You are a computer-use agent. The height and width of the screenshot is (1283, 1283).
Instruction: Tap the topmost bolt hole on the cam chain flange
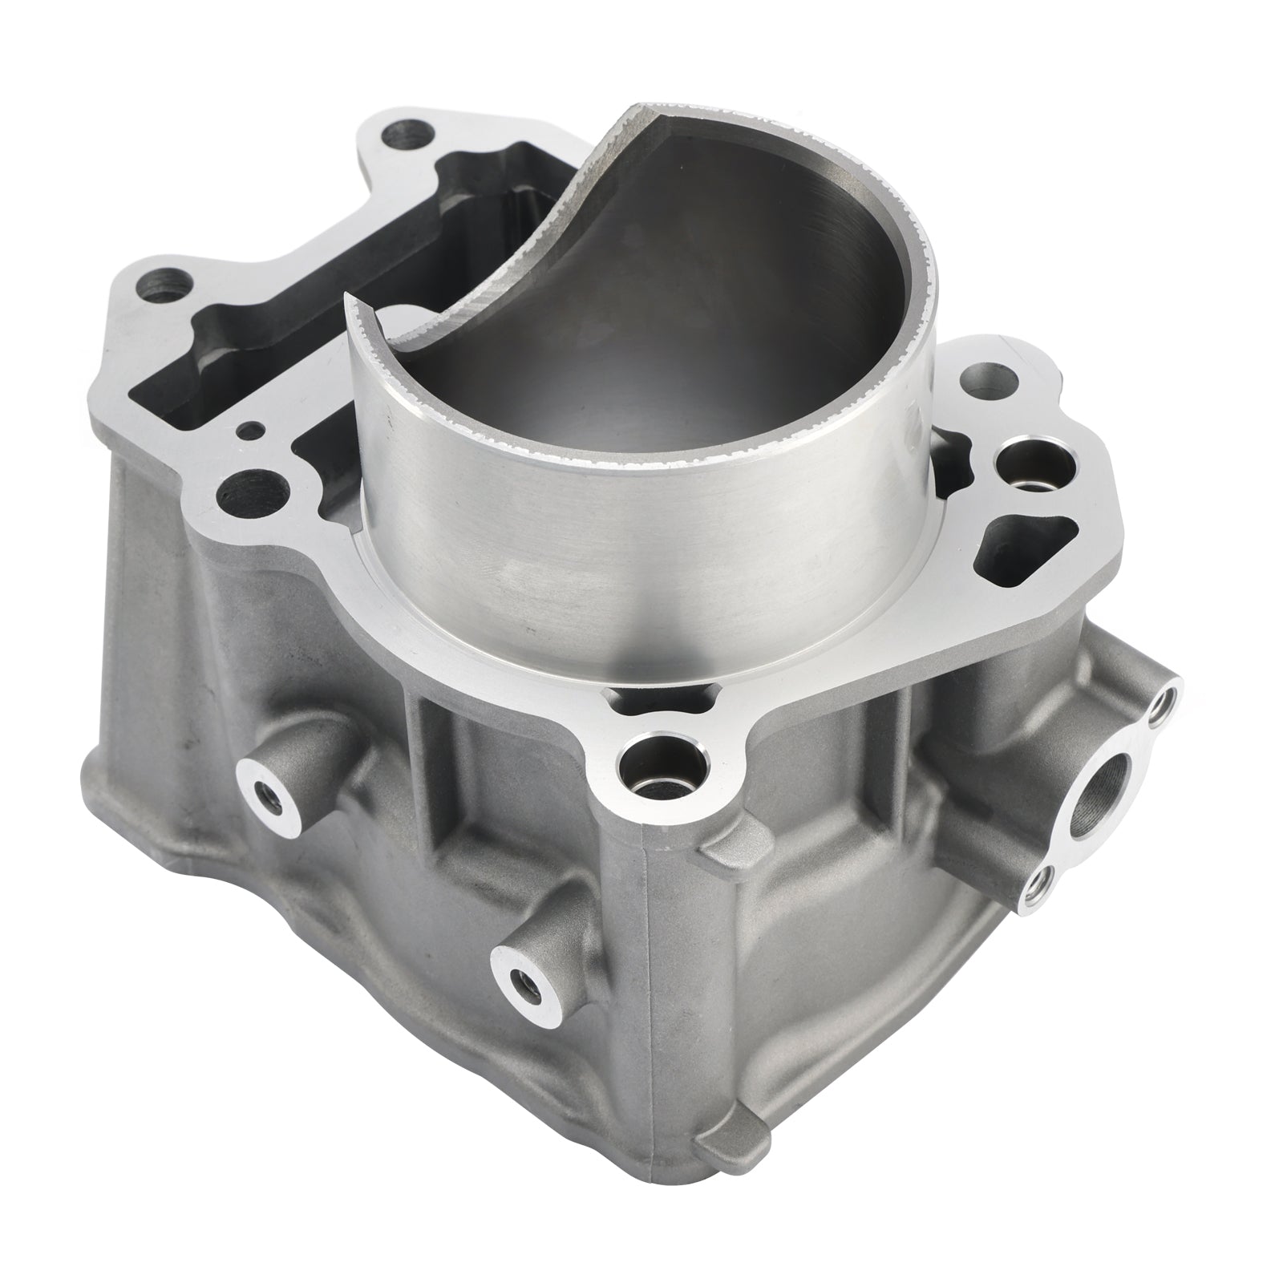pos(406,132)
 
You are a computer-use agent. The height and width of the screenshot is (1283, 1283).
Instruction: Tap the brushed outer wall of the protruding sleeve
pos(641,513)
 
